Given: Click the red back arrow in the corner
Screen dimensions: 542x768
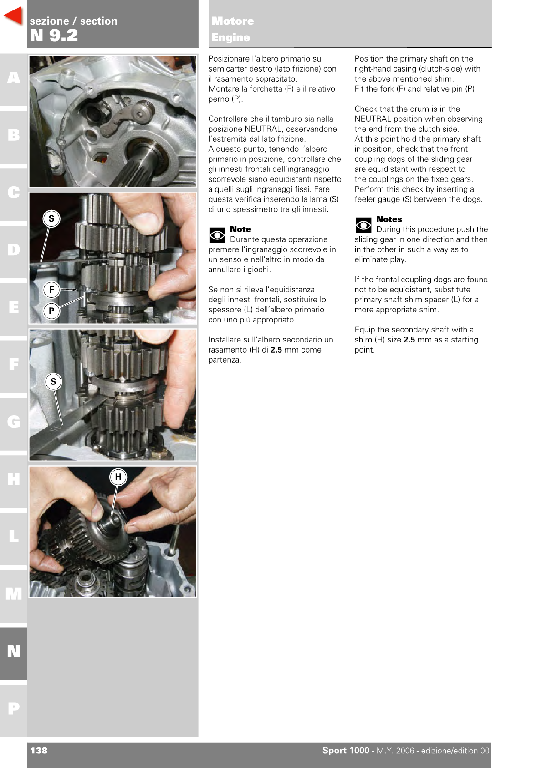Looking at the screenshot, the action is click(14, 16).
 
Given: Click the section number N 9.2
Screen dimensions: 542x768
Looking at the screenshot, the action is click(54, 35).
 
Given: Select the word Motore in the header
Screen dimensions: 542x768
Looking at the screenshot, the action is click(233, 21).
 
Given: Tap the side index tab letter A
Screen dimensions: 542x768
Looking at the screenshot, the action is click(14, 78).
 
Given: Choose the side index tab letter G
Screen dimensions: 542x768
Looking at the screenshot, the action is click(14, 421).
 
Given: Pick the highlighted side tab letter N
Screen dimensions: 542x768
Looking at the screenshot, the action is click(14, 651).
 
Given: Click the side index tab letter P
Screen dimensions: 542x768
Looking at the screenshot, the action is click(14, 708).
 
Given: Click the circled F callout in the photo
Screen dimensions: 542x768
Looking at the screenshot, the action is click(51, 290).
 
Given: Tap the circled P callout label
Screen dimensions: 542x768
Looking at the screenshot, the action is click(51, 311).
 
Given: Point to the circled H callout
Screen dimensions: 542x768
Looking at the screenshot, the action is click(118, 477).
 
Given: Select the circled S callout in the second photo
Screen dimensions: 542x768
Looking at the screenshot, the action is click(51, 218).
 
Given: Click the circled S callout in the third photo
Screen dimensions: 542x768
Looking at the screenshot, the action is click(53, 382).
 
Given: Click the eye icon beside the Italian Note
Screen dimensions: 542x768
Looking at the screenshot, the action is click(217, 235).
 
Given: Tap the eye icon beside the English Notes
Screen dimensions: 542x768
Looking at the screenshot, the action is click(363, 225).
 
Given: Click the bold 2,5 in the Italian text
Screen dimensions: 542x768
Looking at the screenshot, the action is click(276, 350).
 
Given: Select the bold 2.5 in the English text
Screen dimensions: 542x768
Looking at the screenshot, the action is click(409, 340).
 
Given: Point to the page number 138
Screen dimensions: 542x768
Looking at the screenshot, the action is click(39, 751).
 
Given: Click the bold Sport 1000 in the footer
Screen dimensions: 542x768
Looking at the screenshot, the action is click(346, 751).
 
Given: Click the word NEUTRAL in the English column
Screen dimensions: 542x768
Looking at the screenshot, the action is click(373, 119).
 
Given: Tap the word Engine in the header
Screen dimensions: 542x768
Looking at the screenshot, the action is click(231, 37).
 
